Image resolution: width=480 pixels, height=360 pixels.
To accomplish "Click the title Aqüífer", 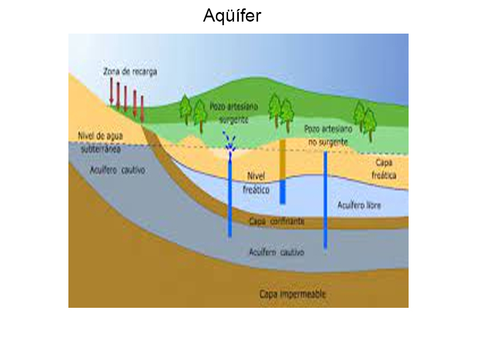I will (x=232, y=15).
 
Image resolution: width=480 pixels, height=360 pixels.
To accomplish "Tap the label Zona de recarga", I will (x=130, y=71).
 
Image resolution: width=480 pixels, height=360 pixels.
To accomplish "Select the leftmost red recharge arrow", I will (x=112, y=91).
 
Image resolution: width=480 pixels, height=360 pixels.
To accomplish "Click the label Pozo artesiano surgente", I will (x=234, y=112).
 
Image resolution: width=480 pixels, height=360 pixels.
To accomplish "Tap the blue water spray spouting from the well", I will (x=229, y=141).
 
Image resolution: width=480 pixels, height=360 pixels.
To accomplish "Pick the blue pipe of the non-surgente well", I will (x=325, y=201).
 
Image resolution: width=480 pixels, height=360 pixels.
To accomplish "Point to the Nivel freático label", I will (x=256, y=182).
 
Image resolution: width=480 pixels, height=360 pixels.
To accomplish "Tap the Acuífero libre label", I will (x=359, y=206).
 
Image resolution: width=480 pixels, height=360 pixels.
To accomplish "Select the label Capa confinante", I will (x=276, y=221).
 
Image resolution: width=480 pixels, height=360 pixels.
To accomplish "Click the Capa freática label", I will (x=383, y=169).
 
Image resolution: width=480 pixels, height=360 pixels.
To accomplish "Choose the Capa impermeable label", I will (x=292, y=295).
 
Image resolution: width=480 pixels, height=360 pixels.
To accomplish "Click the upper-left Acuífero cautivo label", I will (x=117, y=170).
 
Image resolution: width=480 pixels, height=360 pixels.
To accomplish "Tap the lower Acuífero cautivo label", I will (x=276, y=252).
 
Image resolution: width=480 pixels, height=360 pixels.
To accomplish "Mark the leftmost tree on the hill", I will (x=185, y=109).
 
